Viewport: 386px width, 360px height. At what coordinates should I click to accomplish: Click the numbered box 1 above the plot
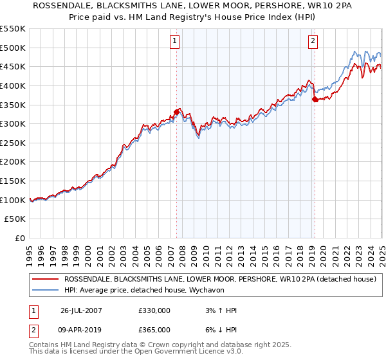(175, 42)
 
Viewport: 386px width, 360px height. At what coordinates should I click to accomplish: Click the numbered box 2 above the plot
(313, 42)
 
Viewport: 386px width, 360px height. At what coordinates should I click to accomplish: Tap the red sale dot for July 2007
(176, 112)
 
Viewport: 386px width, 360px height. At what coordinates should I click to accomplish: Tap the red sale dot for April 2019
(315, 99)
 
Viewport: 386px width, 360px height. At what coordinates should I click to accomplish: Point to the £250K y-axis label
(13, 143)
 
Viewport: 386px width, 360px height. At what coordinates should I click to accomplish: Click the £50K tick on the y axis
(15, 219)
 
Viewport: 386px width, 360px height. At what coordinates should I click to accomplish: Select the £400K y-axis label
(13, 85)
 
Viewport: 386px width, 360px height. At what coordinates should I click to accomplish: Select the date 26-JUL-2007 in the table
(82, 311)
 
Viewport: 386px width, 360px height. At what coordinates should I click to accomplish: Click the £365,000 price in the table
(154, 329)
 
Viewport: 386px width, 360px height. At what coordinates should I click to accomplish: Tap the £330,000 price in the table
(154, 311)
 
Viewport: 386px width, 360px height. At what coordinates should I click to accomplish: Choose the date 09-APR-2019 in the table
(82, 329)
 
